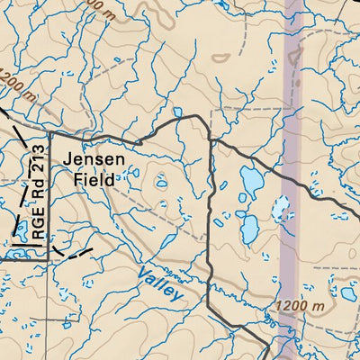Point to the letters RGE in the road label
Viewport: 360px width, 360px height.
coord(38,225)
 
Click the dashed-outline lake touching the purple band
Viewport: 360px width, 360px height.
coord(281,210)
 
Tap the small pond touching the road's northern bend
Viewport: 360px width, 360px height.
coord(177,113)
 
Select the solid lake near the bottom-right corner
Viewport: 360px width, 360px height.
coord(347,293)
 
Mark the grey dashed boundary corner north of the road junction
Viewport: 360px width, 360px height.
coord(211,111)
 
